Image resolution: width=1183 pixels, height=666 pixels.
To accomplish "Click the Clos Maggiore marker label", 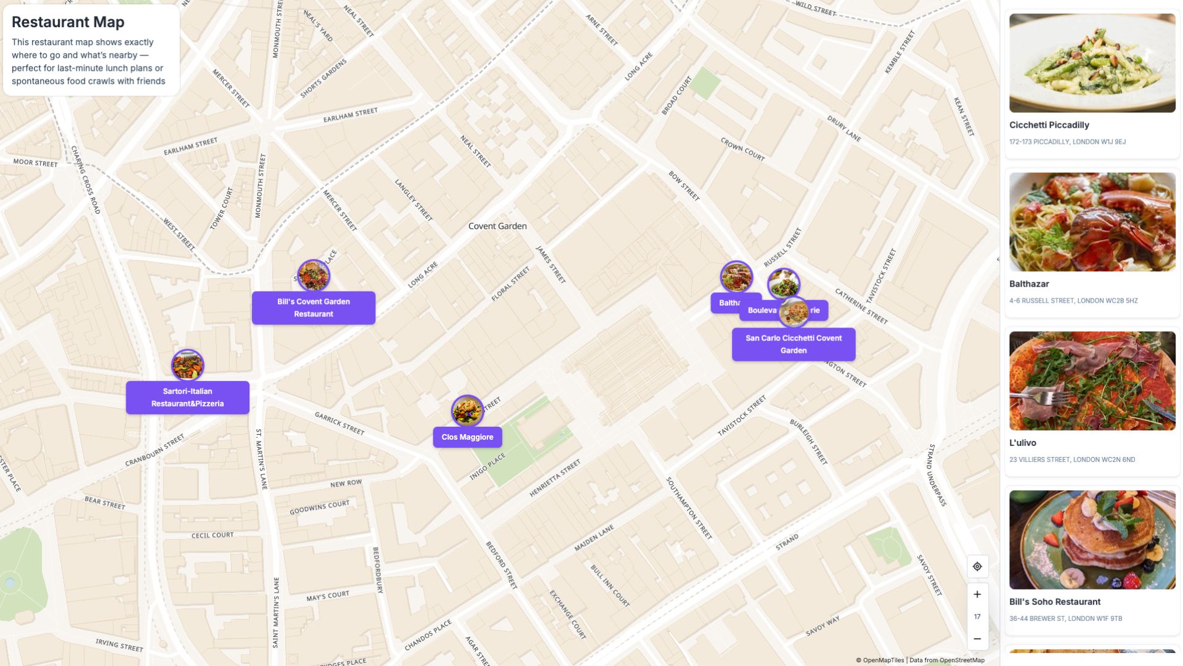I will coord(467,437).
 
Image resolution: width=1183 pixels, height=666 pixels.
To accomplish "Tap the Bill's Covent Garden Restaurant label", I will coord(313,308).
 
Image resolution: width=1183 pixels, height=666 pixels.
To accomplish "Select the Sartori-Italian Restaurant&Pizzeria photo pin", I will coord(187,365).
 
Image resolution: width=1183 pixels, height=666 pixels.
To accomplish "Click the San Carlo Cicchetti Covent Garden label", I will coord(793,344).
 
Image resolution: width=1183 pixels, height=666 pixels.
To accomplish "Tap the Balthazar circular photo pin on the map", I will coord(736,276).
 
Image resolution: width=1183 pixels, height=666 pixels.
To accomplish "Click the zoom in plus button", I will coord(977,594).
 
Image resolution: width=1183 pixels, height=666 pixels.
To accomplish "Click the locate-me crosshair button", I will coord(977,567).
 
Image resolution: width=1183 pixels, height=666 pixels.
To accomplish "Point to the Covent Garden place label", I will coord(497,226).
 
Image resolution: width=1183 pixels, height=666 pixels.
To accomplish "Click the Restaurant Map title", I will coord(68,22).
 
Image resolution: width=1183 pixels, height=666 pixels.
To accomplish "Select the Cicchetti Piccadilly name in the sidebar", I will coord(1049,125).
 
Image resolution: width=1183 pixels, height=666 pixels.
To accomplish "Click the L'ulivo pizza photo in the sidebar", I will coord(1092,380).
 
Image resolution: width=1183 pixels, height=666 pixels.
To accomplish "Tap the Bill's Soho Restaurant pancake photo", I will coord(1092,540).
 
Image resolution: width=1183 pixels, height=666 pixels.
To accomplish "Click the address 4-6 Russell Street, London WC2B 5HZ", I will coord(1073,301).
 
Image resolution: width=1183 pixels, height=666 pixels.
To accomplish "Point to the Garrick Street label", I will coord(339,424).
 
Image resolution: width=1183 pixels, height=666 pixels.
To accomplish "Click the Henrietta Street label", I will coord(555,478).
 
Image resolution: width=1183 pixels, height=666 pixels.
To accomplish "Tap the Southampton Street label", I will coord(689,508).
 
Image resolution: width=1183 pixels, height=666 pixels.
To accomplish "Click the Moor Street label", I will coord(35,163).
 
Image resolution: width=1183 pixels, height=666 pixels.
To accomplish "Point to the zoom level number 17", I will coord(977,617).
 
